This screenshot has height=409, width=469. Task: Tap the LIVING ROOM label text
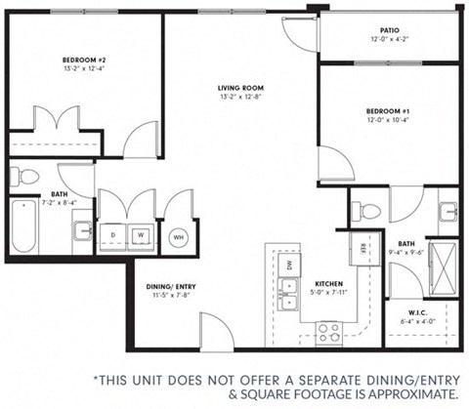(238, 88)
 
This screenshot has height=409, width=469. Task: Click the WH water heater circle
(179, 235)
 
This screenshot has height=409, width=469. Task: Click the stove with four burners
(327, 332)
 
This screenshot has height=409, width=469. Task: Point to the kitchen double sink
(288, 290)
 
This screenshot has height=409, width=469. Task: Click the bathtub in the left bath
(24, 227)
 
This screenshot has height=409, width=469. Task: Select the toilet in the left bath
(25, 177)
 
